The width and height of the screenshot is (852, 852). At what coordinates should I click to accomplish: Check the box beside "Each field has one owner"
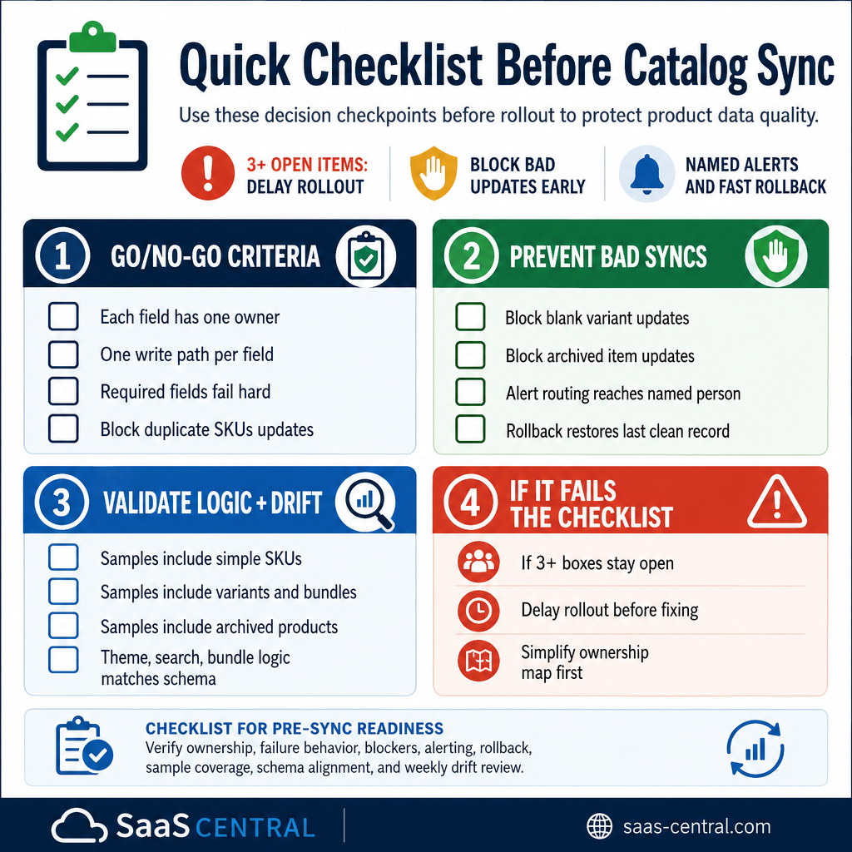point(63,316)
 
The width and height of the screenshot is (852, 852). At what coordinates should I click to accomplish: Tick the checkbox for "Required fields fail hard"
point(63,391)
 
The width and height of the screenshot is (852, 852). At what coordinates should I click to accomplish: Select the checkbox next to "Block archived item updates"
point(470,355)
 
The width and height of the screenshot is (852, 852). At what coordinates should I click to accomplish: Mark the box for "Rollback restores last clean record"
point(470,429)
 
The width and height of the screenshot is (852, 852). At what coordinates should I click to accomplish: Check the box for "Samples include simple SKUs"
point(63,557)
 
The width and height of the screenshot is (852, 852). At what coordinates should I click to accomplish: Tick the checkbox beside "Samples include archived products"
point(63,626)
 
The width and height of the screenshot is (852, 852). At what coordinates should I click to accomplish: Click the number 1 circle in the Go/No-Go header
point(62,255)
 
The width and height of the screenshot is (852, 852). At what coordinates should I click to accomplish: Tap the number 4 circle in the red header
point(471,502)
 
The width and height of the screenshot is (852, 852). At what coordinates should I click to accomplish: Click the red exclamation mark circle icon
point(207,173)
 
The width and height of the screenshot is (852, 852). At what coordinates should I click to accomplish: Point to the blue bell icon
point(646,174)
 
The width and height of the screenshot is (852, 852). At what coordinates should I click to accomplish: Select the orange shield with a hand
point(433,173)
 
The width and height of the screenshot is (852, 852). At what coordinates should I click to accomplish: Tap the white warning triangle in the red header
point(777,503)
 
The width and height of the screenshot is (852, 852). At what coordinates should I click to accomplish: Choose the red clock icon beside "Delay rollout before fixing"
point(478,610)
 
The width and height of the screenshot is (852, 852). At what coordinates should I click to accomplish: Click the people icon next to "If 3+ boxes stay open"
point(478,562)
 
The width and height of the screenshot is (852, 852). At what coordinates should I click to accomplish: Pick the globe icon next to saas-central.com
point(599,826)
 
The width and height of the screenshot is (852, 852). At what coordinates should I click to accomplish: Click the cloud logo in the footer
point(79,826)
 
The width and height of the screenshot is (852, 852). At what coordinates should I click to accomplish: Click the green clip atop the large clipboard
point(93,37)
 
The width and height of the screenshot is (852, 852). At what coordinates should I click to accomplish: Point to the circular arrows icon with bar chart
point(755,749)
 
